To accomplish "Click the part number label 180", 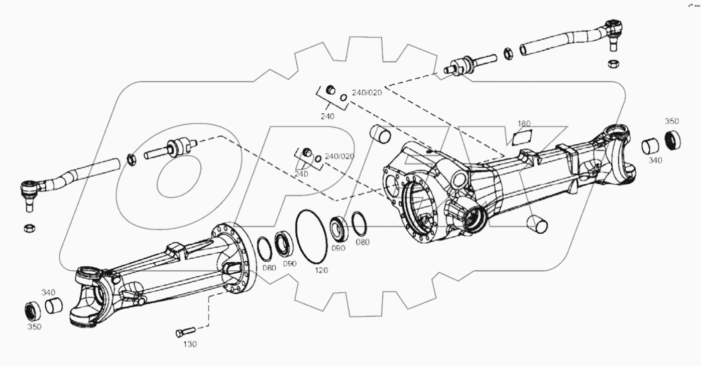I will pos(524,124).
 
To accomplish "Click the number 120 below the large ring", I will pos(321,270).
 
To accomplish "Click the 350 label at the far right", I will pos(672,121).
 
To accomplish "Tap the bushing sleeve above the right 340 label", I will pos(651,146).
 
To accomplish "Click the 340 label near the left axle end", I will pos(49,292).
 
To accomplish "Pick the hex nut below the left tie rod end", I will pos(29,228).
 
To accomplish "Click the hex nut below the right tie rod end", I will pos(612,64).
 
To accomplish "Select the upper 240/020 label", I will pos(367,92).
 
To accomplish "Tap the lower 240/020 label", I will pos(339,156).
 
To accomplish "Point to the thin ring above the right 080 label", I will pos(359,223).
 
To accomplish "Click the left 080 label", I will pos(269,268).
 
